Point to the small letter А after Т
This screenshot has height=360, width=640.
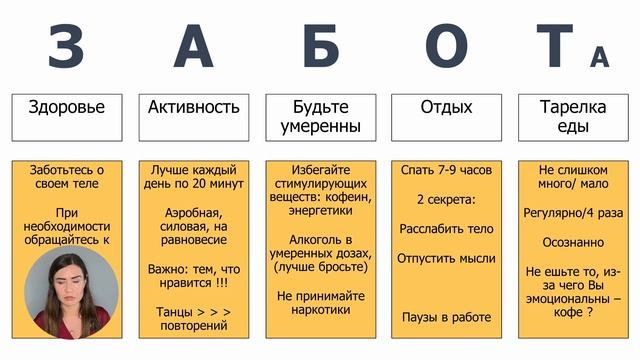click(x=600, y=58)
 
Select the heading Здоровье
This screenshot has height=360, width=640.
click(x=67, y=107)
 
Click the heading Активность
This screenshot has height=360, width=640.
click(x=194, y=107)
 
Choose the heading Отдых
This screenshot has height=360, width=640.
click(x=446, y=107)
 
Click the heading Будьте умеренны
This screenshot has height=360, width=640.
click(x=320, y=117)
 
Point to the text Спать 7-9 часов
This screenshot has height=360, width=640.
click(x=446, y=171)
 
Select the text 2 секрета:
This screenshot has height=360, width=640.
click(x=446, y=199)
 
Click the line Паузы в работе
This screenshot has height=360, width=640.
click(x=446, y=317)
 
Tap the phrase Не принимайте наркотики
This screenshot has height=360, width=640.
click(x=320, y=303)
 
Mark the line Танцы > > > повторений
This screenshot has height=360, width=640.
click(x=194, y=318)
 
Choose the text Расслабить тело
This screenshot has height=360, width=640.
click(x=446, y=229)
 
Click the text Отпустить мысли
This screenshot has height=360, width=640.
click(x=446, y=258)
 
